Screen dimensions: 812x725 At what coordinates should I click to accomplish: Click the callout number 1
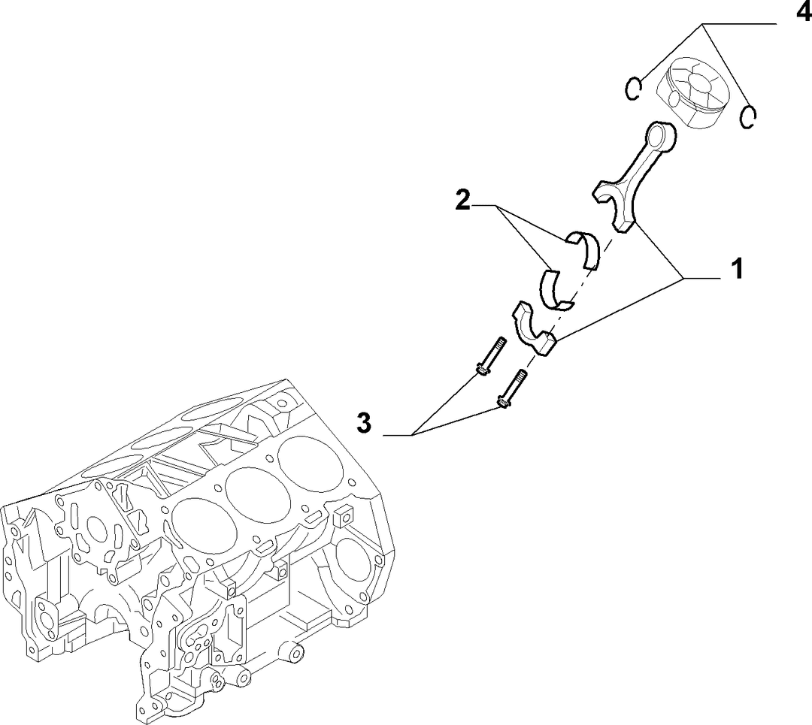point(737,269)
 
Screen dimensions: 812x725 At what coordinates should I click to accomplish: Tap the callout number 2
point(463,201)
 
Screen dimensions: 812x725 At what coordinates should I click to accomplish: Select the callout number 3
point(364,423)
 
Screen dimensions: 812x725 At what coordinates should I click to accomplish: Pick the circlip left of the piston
point(633,89)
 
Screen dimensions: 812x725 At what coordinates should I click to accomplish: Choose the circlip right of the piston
point(748,117)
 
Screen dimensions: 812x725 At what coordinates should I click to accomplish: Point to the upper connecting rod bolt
point(490,356)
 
